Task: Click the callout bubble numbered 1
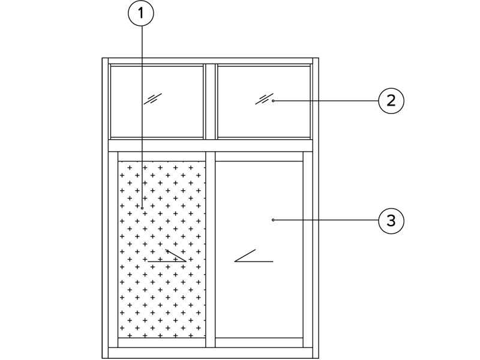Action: coord(141,13)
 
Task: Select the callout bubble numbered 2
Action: coord(391,101)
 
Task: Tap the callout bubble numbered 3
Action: coord(391,220)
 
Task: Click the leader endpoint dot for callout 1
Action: coord(142,208)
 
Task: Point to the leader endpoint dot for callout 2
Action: coord(273,101)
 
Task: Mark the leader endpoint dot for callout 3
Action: coord(273,220)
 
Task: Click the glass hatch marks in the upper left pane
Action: coord(153,98)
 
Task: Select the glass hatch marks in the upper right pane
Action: coord(265,98)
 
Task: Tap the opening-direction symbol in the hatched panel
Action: coord(167,256)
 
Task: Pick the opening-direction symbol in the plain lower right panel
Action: coord(254,256)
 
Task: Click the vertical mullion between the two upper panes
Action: coord(211,101)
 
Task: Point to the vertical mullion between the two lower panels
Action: coord(211,250)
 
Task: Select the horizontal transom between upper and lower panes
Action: coord(211,146)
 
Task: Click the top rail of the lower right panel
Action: coord(259,157)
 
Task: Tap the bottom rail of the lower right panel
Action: coord(259,343)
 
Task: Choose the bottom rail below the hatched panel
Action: coord(161,343)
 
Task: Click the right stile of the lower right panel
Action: coord(308,250)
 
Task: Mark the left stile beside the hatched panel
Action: coord(113,250)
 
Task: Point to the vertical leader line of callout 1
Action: coord(142,116)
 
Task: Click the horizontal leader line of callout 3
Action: coord(326,220)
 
